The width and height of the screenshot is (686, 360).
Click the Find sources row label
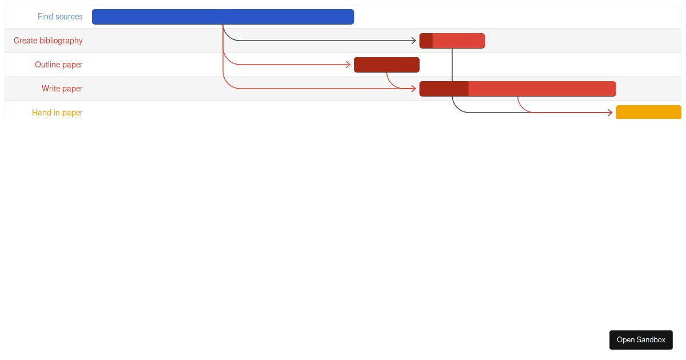(x=60, y=17)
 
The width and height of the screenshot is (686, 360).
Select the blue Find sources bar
(x=223, y=17)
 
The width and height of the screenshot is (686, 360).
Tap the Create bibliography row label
(x=48, y=41)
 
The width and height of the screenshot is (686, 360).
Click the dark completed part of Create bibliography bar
(x=426, y=41)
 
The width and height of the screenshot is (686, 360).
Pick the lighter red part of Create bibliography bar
(x=458, y=41)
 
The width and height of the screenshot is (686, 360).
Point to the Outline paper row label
(x=58, y=65)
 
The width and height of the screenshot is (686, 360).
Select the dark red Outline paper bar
(x=386, y=65)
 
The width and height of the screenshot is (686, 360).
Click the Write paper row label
(x=62, y=89)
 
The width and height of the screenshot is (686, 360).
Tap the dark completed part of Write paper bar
(x=444, y=89)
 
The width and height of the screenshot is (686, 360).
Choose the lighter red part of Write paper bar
(x=542, y=89)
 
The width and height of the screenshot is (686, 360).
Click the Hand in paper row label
(x=57, y=113)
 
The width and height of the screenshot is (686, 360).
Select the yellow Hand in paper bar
(x=648, y=113)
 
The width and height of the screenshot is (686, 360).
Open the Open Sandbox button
(x=641, y=340)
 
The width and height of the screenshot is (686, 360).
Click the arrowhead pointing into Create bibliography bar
(x=414, y=41)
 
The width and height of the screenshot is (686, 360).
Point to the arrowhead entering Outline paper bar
(x=348, y=65)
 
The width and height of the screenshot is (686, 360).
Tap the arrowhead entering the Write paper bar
(x=414, y=89)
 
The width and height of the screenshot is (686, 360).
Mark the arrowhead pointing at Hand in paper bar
(x=611, y=113)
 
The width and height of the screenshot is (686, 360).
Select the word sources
(x=69, y=17)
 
